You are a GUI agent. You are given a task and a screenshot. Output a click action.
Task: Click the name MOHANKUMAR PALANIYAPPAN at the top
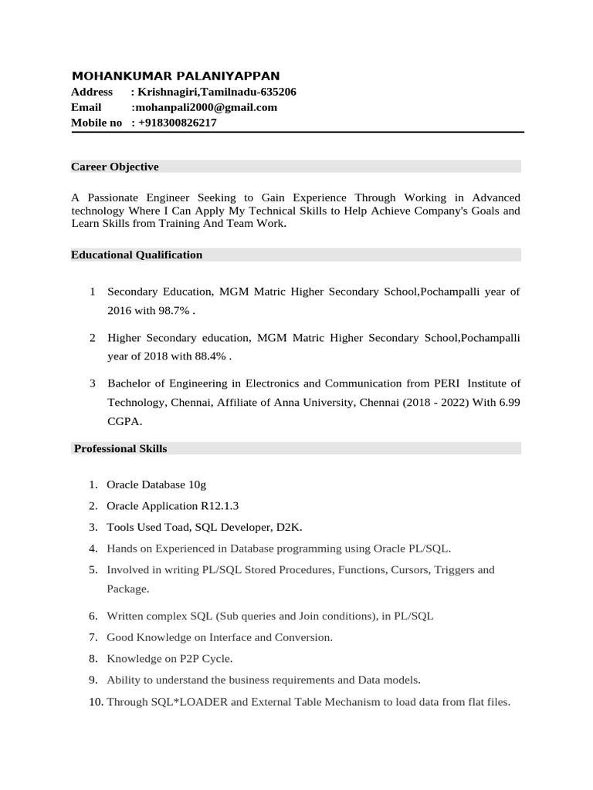(x=175, y=76)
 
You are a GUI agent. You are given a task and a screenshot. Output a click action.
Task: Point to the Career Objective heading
(x=114, y=167)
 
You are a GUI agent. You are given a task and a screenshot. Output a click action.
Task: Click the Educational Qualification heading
(x=137, y=255)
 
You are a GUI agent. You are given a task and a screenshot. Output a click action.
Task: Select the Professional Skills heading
(x=120, y=448)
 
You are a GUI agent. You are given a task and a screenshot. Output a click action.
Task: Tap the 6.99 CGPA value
(x=507, y=403)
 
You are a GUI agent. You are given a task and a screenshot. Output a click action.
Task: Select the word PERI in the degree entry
(x=446, y=383)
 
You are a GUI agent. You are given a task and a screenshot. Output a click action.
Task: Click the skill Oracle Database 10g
(x=156, y=484)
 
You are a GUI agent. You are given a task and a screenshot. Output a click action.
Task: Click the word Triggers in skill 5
(x=455, y=569)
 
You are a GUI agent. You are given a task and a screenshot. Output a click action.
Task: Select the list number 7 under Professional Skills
(x=92, y=637)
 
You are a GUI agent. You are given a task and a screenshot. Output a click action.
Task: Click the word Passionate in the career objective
(x=114, y=197)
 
